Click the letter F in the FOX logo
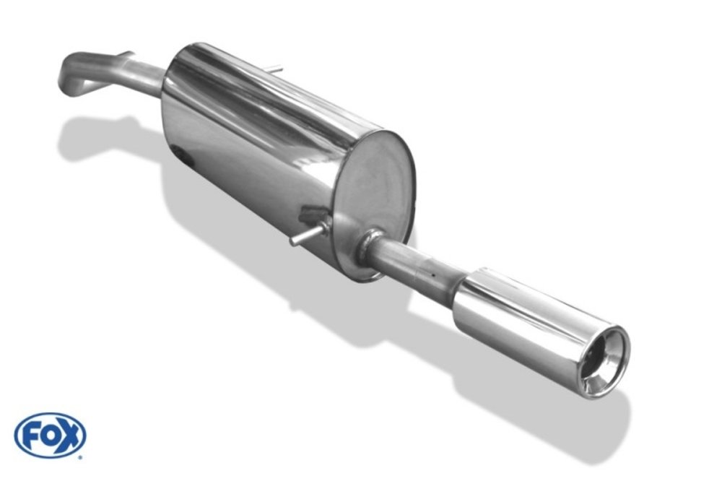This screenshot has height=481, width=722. point(29,435)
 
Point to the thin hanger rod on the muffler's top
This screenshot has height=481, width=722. point(275,69)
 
